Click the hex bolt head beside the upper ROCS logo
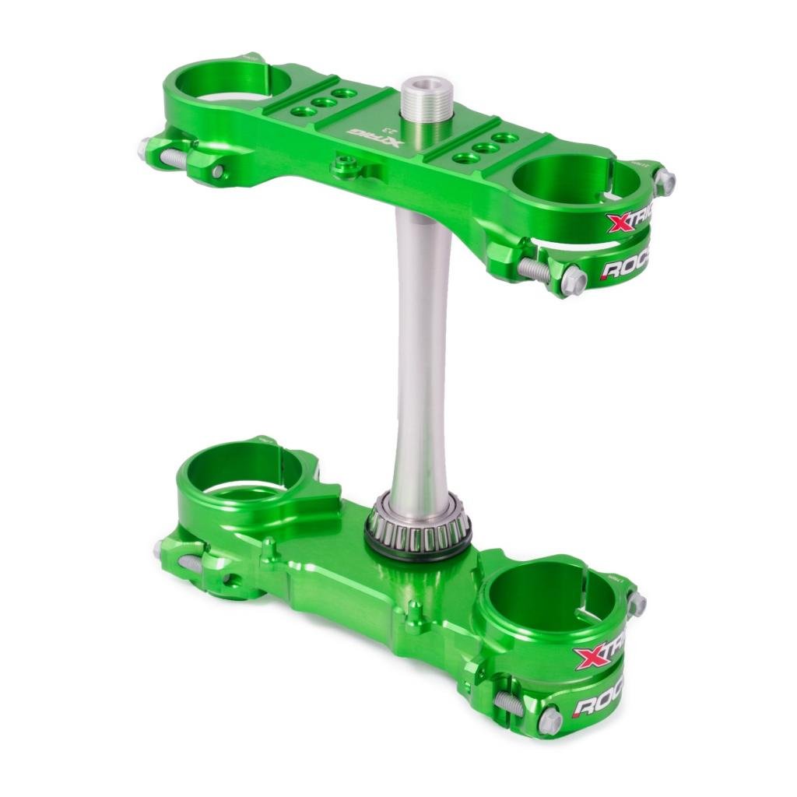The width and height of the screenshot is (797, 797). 574,279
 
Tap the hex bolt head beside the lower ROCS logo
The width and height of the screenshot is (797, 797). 549,720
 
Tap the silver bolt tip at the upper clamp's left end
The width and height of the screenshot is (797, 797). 145,147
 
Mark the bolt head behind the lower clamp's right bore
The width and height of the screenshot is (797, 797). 636,603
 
